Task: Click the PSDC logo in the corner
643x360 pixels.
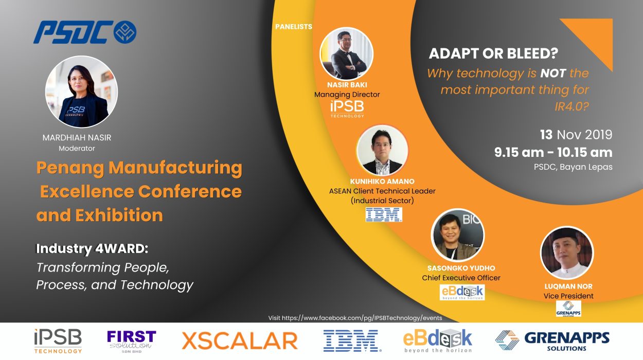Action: [85, 32]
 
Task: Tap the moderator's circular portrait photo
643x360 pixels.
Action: [81, 92]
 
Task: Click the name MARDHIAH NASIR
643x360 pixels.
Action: [77, 137]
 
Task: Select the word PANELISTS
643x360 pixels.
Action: [293, 27]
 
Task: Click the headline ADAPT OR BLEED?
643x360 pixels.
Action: [493, 53]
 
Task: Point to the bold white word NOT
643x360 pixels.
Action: [553, 73]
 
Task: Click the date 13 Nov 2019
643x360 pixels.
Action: [576, 135]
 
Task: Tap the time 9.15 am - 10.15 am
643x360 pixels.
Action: [553, 152]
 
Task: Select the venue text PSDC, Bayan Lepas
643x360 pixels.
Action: [573, 167]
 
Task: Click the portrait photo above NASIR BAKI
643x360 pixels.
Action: [347, 53]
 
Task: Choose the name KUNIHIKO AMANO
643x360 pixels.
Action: [382, 182]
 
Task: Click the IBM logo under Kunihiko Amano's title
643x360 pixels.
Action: [384, 214]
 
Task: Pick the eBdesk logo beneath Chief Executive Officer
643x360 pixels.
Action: [462, 292]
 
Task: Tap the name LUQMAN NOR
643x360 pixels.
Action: [568, 286]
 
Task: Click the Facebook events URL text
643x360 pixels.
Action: [355, 318]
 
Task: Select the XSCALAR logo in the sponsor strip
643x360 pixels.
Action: [240, 341]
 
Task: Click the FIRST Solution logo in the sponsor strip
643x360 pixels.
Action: [132, 341]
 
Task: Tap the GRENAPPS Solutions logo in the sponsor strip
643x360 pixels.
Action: [552, 341]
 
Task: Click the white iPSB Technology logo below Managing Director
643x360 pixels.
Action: [347, 109]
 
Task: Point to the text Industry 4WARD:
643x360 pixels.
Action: [92, 248]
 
